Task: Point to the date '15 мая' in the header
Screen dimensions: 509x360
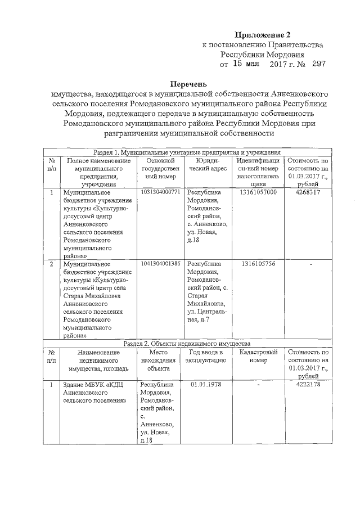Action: point(246,65)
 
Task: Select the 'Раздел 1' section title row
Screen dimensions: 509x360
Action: point(187,152)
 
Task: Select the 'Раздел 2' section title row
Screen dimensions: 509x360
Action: point(187,343)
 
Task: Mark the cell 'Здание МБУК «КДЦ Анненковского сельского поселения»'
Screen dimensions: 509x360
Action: point(94,393)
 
